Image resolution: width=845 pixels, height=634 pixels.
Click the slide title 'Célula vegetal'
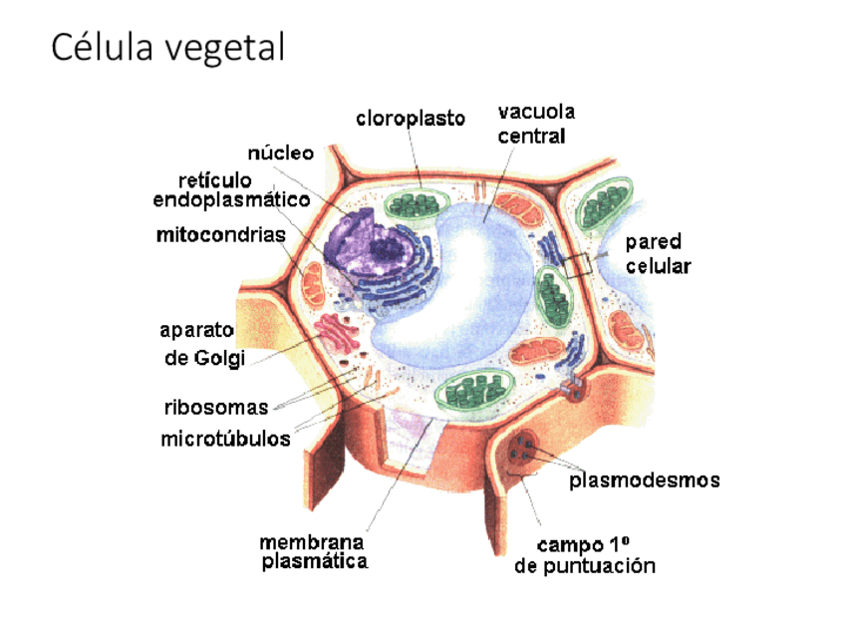point(167,48)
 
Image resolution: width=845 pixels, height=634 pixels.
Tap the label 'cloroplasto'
point(411,119)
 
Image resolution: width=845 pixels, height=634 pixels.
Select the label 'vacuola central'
point(536,124)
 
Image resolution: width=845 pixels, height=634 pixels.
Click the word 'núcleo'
point(280,153)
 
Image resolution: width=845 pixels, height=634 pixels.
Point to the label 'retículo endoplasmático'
point(231,190)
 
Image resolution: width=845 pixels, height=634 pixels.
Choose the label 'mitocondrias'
point(220,235)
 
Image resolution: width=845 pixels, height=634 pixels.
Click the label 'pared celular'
point(658,254)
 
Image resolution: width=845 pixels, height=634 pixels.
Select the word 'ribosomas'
point(216,407)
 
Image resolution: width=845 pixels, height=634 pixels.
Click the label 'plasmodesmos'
point(644,480)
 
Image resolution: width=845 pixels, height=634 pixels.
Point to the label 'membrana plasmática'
point(313,552)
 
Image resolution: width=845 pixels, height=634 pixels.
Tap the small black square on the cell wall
point(575,266)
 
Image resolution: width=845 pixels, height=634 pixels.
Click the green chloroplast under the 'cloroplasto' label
point(415,204)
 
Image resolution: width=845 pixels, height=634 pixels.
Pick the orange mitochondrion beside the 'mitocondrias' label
point(313,284)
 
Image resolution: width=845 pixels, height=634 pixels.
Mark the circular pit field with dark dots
point(521,453)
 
